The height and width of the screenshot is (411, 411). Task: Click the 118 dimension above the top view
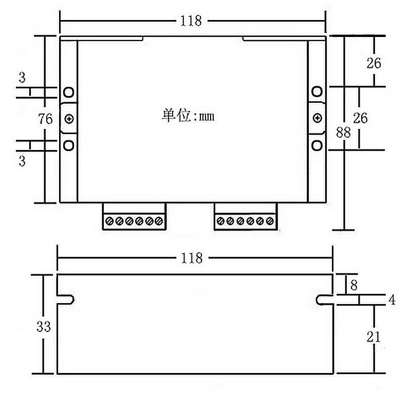coord(191,21)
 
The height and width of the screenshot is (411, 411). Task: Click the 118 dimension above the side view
coord(192,258)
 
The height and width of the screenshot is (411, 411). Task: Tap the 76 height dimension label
coord(46,119)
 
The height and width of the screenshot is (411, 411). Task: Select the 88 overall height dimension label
coord(343,132)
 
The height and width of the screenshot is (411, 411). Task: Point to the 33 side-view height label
coord(44,326)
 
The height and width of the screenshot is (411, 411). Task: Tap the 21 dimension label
coord(373,337)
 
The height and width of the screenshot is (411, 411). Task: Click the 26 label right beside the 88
coord(361,118)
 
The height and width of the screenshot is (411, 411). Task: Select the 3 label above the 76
coord(22,78)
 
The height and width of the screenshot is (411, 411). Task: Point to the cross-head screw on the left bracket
coord(69,119)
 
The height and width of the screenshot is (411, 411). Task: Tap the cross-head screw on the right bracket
coord(317,119)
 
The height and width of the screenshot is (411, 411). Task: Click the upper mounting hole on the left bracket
coord(69,92)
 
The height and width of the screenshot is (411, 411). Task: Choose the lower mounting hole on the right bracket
coord(317,145)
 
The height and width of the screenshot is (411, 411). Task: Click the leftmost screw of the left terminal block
coord(109,221)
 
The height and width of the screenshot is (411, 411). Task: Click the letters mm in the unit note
coord(206,117)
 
